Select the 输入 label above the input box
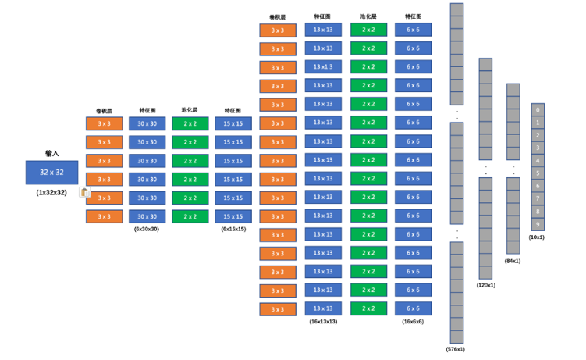pyautogui.click(x=51, y=154)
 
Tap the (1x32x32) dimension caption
pyautogui.click(x=51, y=192)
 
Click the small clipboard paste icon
pyautogui.click(x=85, y=192)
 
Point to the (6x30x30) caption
pyautogui.click(x=146, y=229)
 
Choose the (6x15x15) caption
pyautogui.click(x=233, y=229)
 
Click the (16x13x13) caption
pyautogui.click(x=323, y=322)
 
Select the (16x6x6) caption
pyautogui.click(x=413, y=322)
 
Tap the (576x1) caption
pyautogui.click(x=456, y=349)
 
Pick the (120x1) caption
pyautogui.click(x=485, y=285)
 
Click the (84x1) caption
pyautogui.click(x=513, y=261)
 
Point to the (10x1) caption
pyautogui.click(x=537, y=237)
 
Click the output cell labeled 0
pyautogui.click(x=538, y=110)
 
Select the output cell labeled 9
pyautogui.click(x=538, y=225)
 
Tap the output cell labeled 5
pyautogui.click(x=538, y=173)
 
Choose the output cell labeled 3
pyautogui.click(x=538, y=148)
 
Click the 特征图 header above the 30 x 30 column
pyautogui.click(x=147, y=111)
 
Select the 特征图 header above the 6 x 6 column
pyautogui.click(x=413, y=16)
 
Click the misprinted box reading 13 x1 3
pyautogui.click(x=323, y=67)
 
